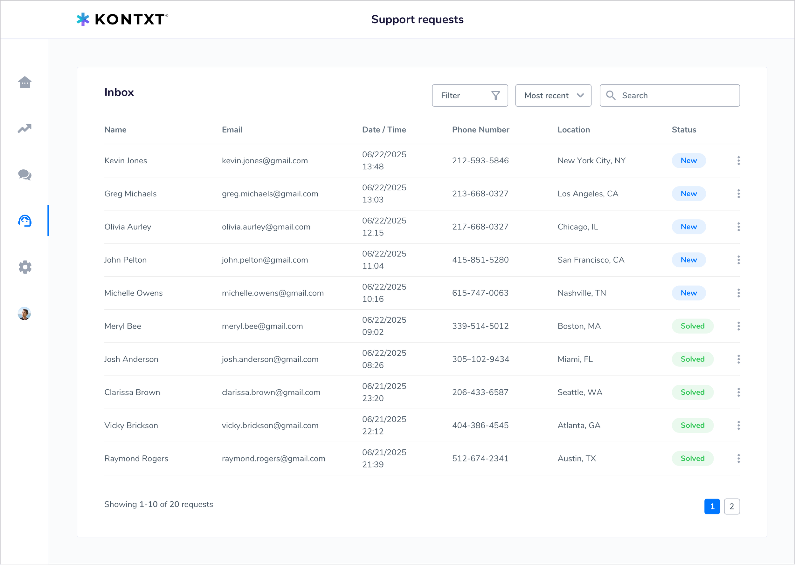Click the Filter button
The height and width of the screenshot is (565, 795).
pyautogui.click(x=470, y=95)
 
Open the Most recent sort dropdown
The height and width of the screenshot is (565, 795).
pyautogui.click(x=553, y=95)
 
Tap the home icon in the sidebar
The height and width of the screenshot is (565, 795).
pyautogui.click(x=25, y=82)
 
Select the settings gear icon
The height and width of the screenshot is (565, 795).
pyautogui.click(x=25, y=267)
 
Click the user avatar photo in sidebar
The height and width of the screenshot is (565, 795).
pyautogui.click(x=24, y=313)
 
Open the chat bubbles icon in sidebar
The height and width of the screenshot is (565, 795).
pyautogui.click(x=25, y=175)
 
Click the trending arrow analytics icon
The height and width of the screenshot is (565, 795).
pyautogui.click(x=25, y=128)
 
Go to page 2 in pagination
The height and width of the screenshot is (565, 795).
pyautogui.click(x=732, y=507)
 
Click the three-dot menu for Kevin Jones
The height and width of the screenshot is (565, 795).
pyautogui.click(x=738, y=160)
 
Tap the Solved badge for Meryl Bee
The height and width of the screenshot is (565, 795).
pyautogui.click(x=692, y=326)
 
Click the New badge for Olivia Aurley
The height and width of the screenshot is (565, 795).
pyautogui.click(x=688, y=227)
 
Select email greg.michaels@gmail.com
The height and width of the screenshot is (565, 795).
pyautogui.click(x=270, y=194)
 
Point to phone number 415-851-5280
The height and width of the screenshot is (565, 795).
pyautogui.click(x=480, y=260)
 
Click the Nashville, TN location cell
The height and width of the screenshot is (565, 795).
pyautogui.click(x=581, y=293)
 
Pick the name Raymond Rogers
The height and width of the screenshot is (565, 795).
pyautogui.click(x=136, y=459)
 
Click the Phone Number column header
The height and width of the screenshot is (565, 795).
pyautogui.click(x=480, y=130)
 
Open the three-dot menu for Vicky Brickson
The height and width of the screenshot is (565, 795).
pyautogui.click(x=738, y=425)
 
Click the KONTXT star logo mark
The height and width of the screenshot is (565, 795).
pyautogui.click(x=83, y=19)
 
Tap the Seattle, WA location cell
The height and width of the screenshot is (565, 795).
pyautogui.click(x=579, y=392)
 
